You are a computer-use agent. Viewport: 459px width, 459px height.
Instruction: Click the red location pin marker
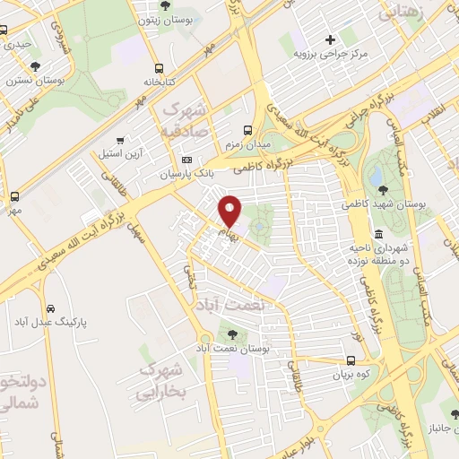tap(231, 210)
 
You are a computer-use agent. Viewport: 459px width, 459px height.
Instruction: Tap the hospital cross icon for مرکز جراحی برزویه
tap(331, 39)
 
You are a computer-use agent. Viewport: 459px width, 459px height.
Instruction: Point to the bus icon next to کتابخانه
tap(159, 67)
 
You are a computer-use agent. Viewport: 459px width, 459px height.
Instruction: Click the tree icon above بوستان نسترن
tap(35, 66)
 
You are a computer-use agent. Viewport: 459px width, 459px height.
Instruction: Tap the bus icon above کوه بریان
tap(351, 361)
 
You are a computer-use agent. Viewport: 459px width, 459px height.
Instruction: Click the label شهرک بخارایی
tap(162, 380)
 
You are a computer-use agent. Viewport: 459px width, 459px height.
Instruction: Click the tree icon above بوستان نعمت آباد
tap(221, 332)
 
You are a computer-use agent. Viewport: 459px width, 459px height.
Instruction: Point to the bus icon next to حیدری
tap(6, 43)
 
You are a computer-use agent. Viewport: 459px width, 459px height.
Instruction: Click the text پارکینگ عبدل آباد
tap(53, 321)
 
